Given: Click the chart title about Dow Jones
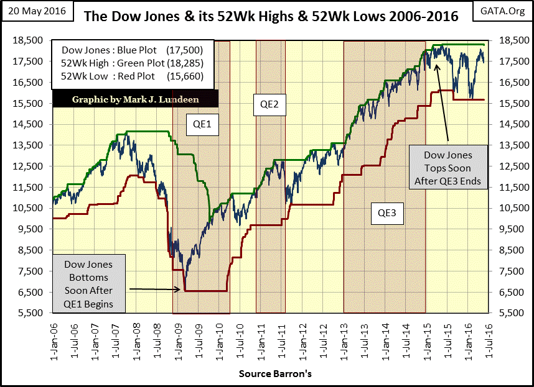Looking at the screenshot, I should [x=271, y=17].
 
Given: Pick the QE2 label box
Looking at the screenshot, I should [x=269, y=105].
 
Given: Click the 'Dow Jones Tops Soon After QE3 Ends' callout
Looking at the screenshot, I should [x=449, y=168].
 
